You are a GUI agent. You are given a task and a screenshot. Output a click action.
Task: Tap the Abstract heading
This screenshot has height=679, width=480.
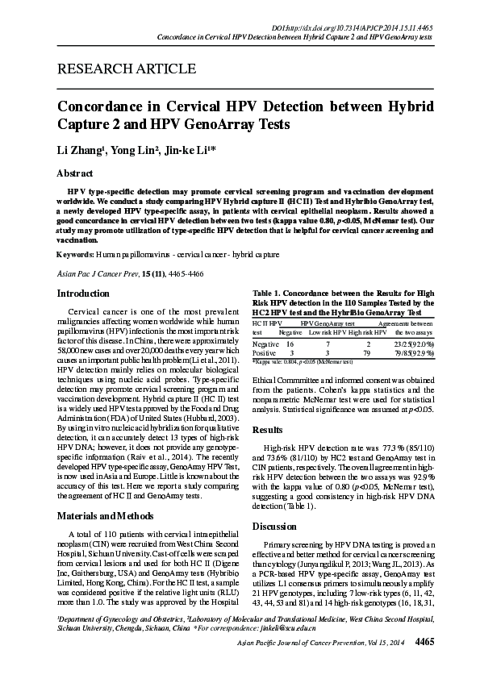74,173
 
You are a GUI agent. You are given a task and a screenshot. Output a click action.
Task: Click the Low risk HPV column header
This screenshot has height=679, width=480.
328,331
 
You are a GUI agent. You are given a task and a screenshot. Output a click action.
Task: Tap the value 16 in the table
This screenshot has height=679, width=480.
290,343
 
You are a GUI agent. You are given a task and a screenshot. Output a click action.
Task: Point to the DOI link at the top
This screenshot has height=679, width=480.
365,27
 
